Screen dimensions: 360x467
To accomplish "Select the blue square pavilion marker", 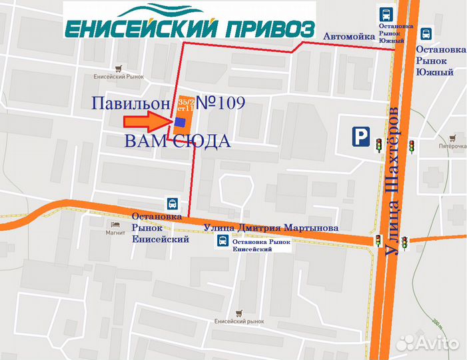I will click(180, 121).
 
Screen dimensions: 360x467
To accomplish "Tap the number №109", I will click(221, 103).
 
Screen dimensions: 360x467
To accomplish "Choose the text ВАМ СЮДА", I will click(177, 141).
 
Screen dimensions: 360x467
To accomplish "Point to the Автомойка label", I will click(349, 36).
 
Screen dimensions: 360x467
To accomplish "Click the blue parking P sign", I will click(360, 137).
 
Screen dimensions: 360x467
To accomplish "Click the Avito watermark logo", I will click(428, 343).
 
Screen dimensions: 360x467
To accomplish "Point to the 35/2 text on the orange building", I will click(185, 100).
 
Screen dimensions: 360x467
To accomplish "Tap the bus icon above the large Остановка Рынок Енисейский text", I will click(173, 203).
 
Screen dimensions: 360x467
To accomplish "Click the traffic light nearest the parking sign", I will click(379, 144).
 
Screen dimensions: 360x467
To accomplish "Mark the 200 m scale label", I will click(437, 325).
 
